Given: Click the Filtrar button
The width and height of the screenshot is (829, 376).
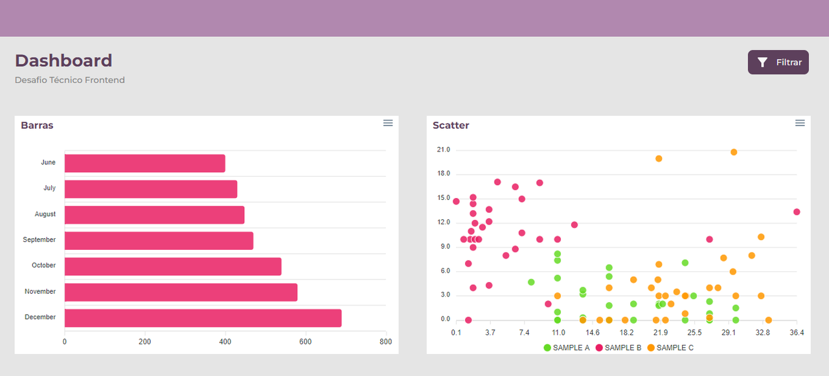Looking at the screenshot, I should (778, 62).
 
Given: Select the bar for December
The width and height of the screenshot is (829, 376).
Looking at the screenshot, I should (203, 318).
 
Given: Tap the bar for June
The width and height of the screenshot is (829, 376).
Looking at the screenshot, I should (144, 163).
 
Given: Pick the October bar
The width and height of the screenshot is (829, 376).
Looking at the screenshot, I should (173, 266).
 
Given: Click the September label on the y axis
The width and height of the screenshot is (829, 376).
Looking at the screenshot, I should (40, 240).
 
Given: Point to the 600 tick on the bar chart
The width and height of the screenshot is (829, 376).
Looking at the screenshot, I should (305, 342).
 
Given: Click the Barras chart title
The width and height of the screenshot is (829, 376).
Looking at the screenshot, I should (37, 126).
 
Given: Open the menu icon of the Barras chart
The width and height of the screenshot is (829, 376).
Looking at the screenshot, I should (388, 123).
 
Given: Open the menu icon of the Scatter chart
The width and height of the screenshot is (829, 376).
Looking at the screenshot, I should (800, 123).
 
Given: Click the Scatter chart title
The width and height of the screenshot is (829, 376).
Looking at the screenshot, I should (451, 126).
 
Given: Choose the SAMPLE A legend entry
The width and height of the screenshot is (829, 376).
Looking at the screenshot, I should (567, 348).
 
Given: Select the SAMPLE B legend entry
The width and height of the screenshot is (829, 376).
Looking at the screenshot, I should (619, 348).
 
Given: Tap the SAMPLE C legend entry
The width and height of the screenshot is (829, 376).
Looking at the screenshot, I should (670, 348).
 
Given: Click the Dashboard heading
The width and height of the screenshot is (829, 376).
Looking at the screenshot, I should (63, 61).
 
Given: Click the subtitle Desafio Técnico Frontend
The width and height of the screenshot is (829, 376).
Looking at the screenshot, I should (70, 80).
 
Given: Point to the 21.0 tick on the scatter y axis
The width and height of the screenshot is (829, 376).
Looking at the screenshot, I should (444, 150).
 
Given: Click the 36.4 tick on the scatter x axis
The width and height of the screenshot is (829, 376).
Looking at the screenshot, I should (797, 333).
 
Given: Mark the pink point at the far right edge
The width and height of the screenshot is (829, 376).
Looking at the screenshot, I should (797, 212).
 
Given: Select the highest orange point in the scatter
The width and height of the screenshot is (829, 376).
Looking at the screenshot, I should (734, 152).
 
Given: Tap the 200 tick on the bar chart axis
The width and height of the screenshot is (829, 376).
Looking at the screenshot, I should (144, 342).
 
